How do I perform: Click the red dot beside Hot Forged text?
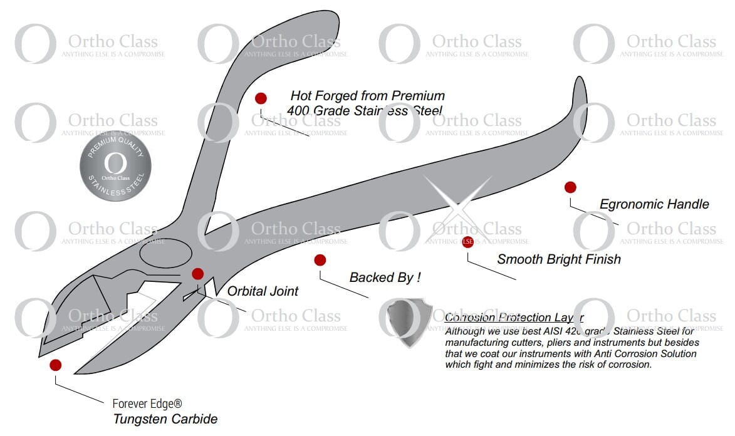coord(261,98)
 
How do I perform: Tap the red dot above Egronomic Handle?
coord(570,187)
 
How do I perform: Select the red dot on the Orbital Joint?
coord(198,274)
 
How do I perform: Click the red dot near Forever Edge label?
coord(55,365)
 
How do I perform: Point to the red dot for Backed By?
coord(320,260)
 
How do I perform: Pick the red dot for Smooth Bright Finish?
coord(467,242)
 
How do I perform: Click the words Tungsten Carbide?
coord(165,419)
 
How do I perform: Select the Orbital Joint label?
coord(263,291)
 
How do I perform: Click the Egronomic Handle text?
coord(654,204)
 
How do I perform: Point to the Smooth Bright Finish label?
coord(559,259)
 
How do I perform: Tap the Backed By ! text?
coord(385,277)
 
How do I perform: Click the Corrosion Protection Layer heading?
coord(514,318)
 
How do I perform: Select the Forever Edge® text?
coord(147,404)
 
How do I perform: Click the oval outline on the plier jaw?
coord(165,253)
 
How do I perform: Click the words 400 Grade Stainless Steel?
coord(365,112)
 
